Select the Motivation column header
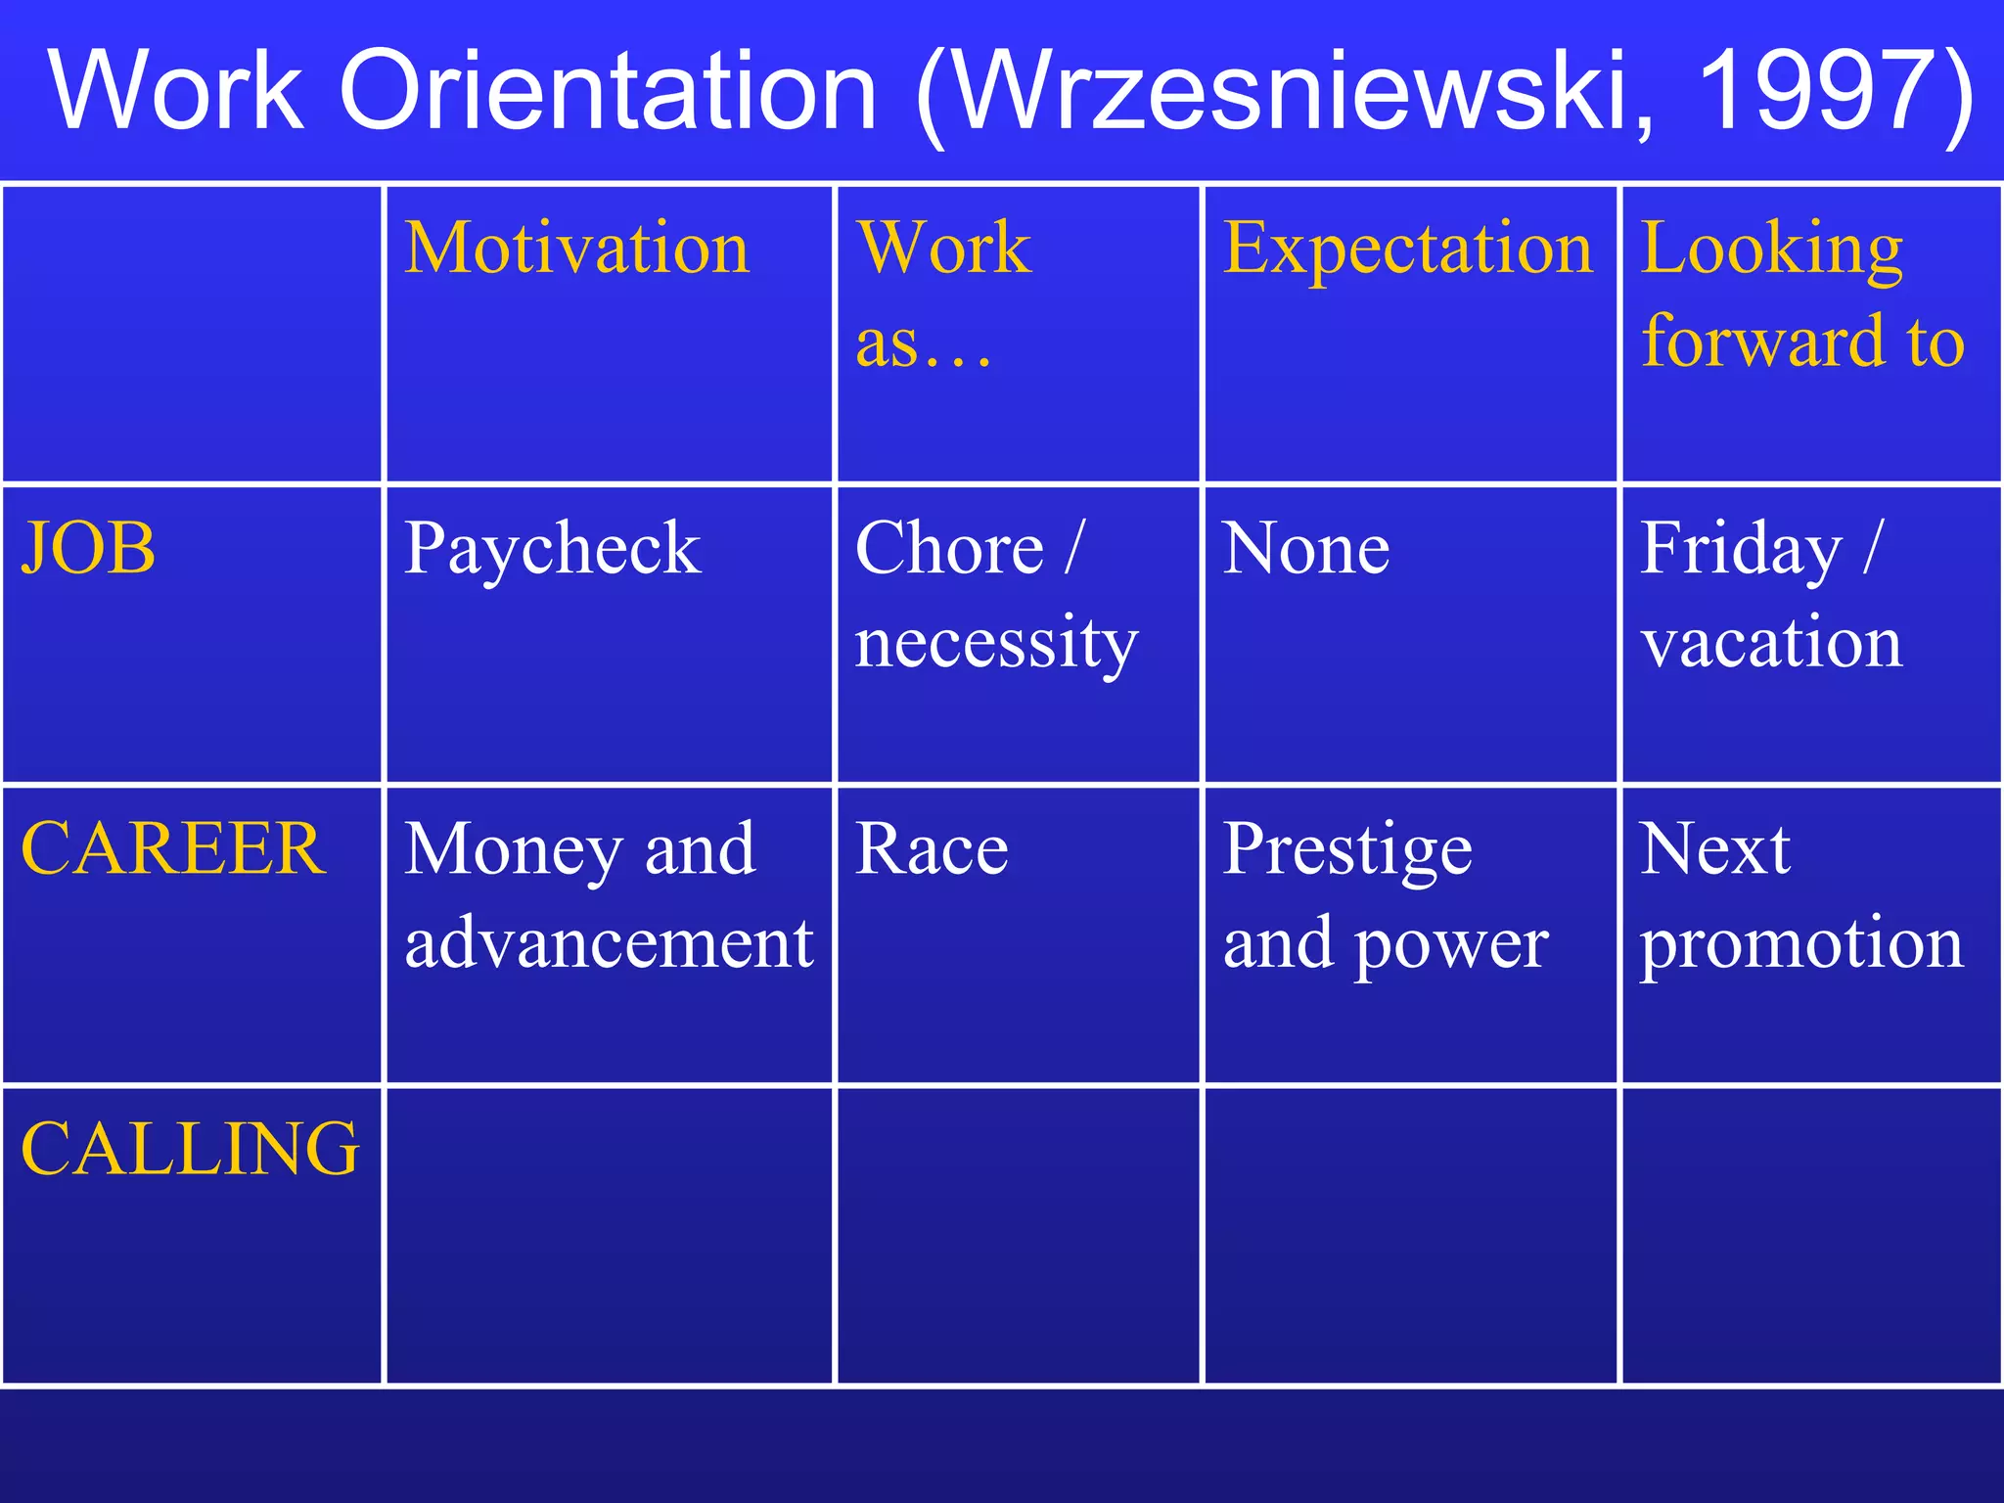577,249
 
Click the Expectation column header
1408,249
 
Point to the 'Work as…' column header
943,294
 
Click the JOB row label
89,548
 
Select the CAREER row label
173,848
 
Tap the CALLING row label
191,1149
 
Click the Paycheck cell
553,548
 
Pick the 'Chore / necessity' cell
996,595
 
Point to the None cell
1306,548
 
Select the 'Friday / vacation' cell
1772,595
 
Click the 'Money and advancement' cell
609,895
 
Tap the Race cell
932,848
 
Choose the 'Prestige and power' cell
1386,895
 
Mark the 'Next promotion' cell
1801,895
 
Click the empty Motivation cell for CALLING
609,1235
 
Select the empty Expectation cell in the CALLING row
1410,1235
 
